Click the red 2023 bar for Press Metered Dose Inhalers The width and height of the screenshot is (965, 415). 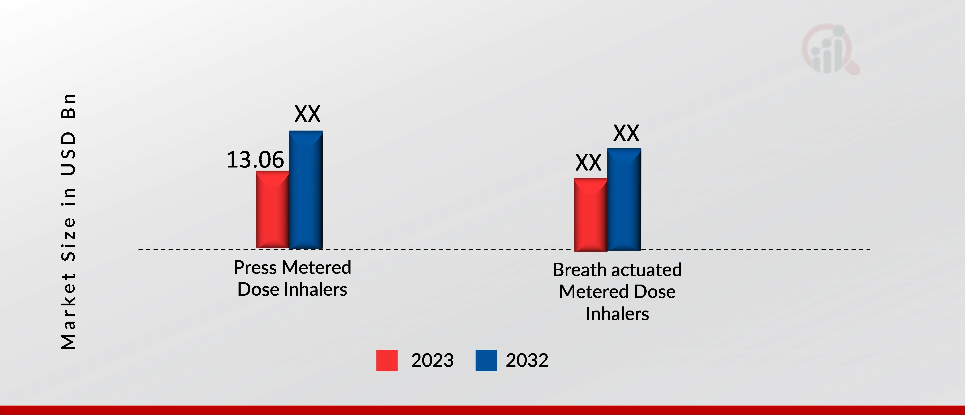coord(272,210)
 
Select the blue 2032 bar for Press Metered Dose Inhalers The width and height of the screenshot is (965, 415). coord(306,190)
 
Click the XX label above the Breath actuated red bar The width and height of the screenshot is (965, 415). coord(588,163)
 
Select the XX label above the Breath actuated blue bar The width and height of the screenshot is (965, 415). coord(626,133)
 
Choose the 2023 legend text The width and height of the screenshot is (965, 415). coord(432,360)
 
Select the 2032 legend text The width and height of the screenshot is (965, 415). coord(527,360)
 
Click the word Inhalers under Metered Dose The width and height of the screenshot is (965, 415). coord(617,313)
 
